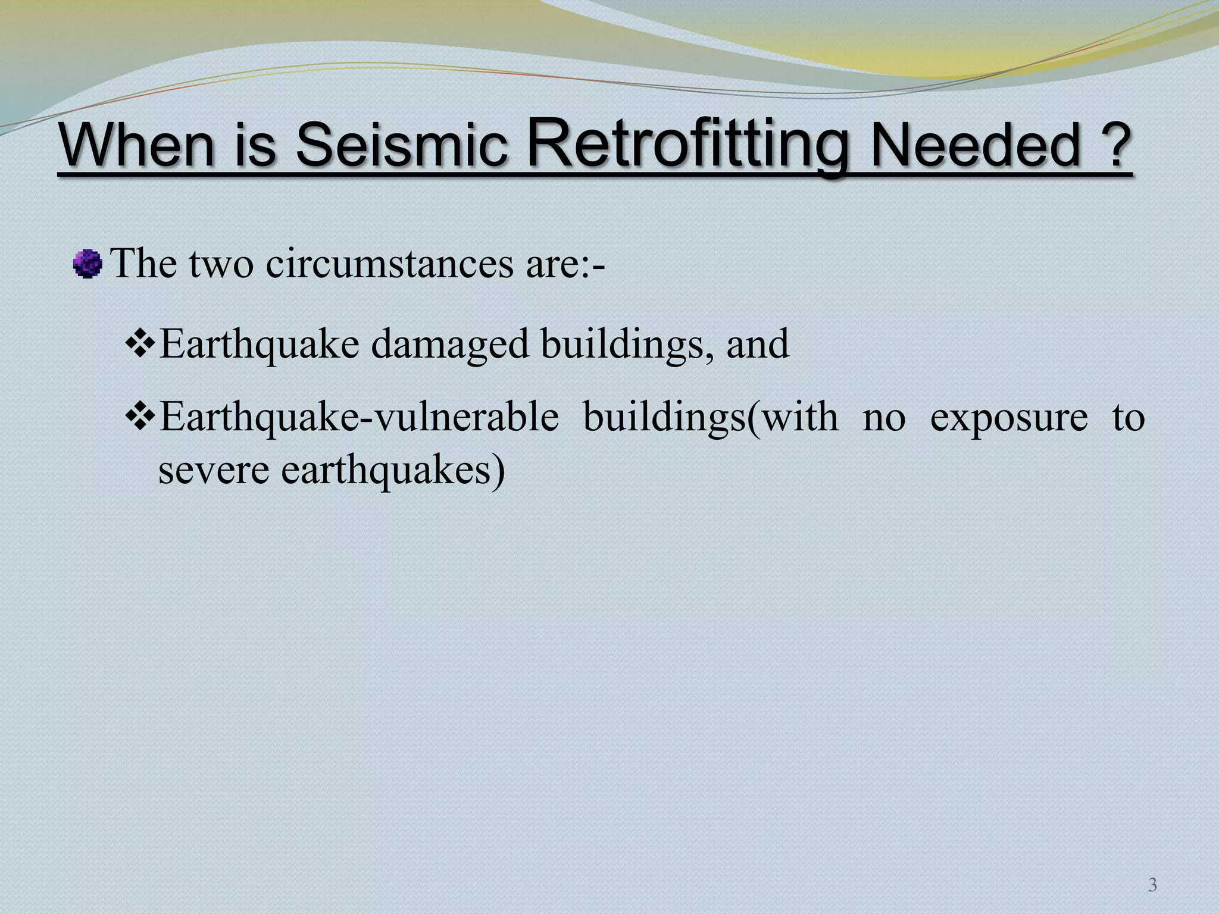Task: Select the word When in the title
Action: [137, 146]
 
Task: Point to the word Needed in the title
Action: [976, 146]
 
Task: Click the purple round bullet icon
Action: [87, 264]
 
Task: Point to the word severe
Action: [214, 470]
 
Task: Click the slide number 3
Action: [1152, 885]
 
